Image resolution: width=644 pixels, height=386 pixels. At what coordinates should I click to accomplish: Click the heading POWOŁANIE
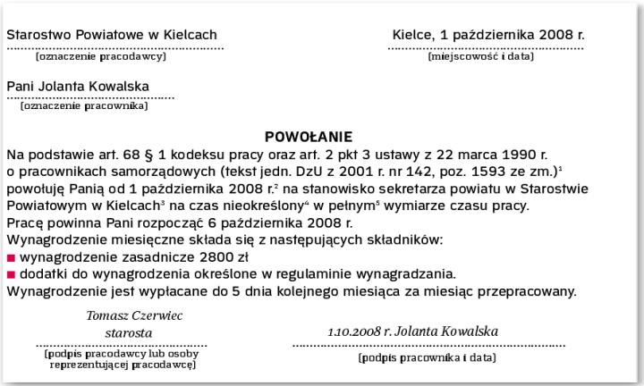[x=309, y=138]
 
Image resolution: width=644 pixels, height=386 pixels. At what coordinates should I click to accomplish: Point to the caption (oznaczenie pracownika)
[x=84, y=106]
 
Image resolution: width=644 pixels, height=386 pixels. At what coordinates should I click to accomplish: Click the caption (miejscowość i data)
[x=480, y=56]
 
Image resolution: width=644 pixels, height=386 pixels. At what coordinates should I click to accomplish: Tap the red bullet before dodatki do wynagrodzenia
[x=11, y=274]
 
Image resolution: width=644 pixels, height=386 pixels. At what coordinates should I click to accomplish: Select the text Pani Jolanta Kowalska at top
[x=78, y=88]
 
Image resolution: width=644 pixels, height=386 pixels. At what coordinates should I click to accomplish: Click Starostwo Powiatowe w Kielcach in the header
[x=112, y=35]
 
